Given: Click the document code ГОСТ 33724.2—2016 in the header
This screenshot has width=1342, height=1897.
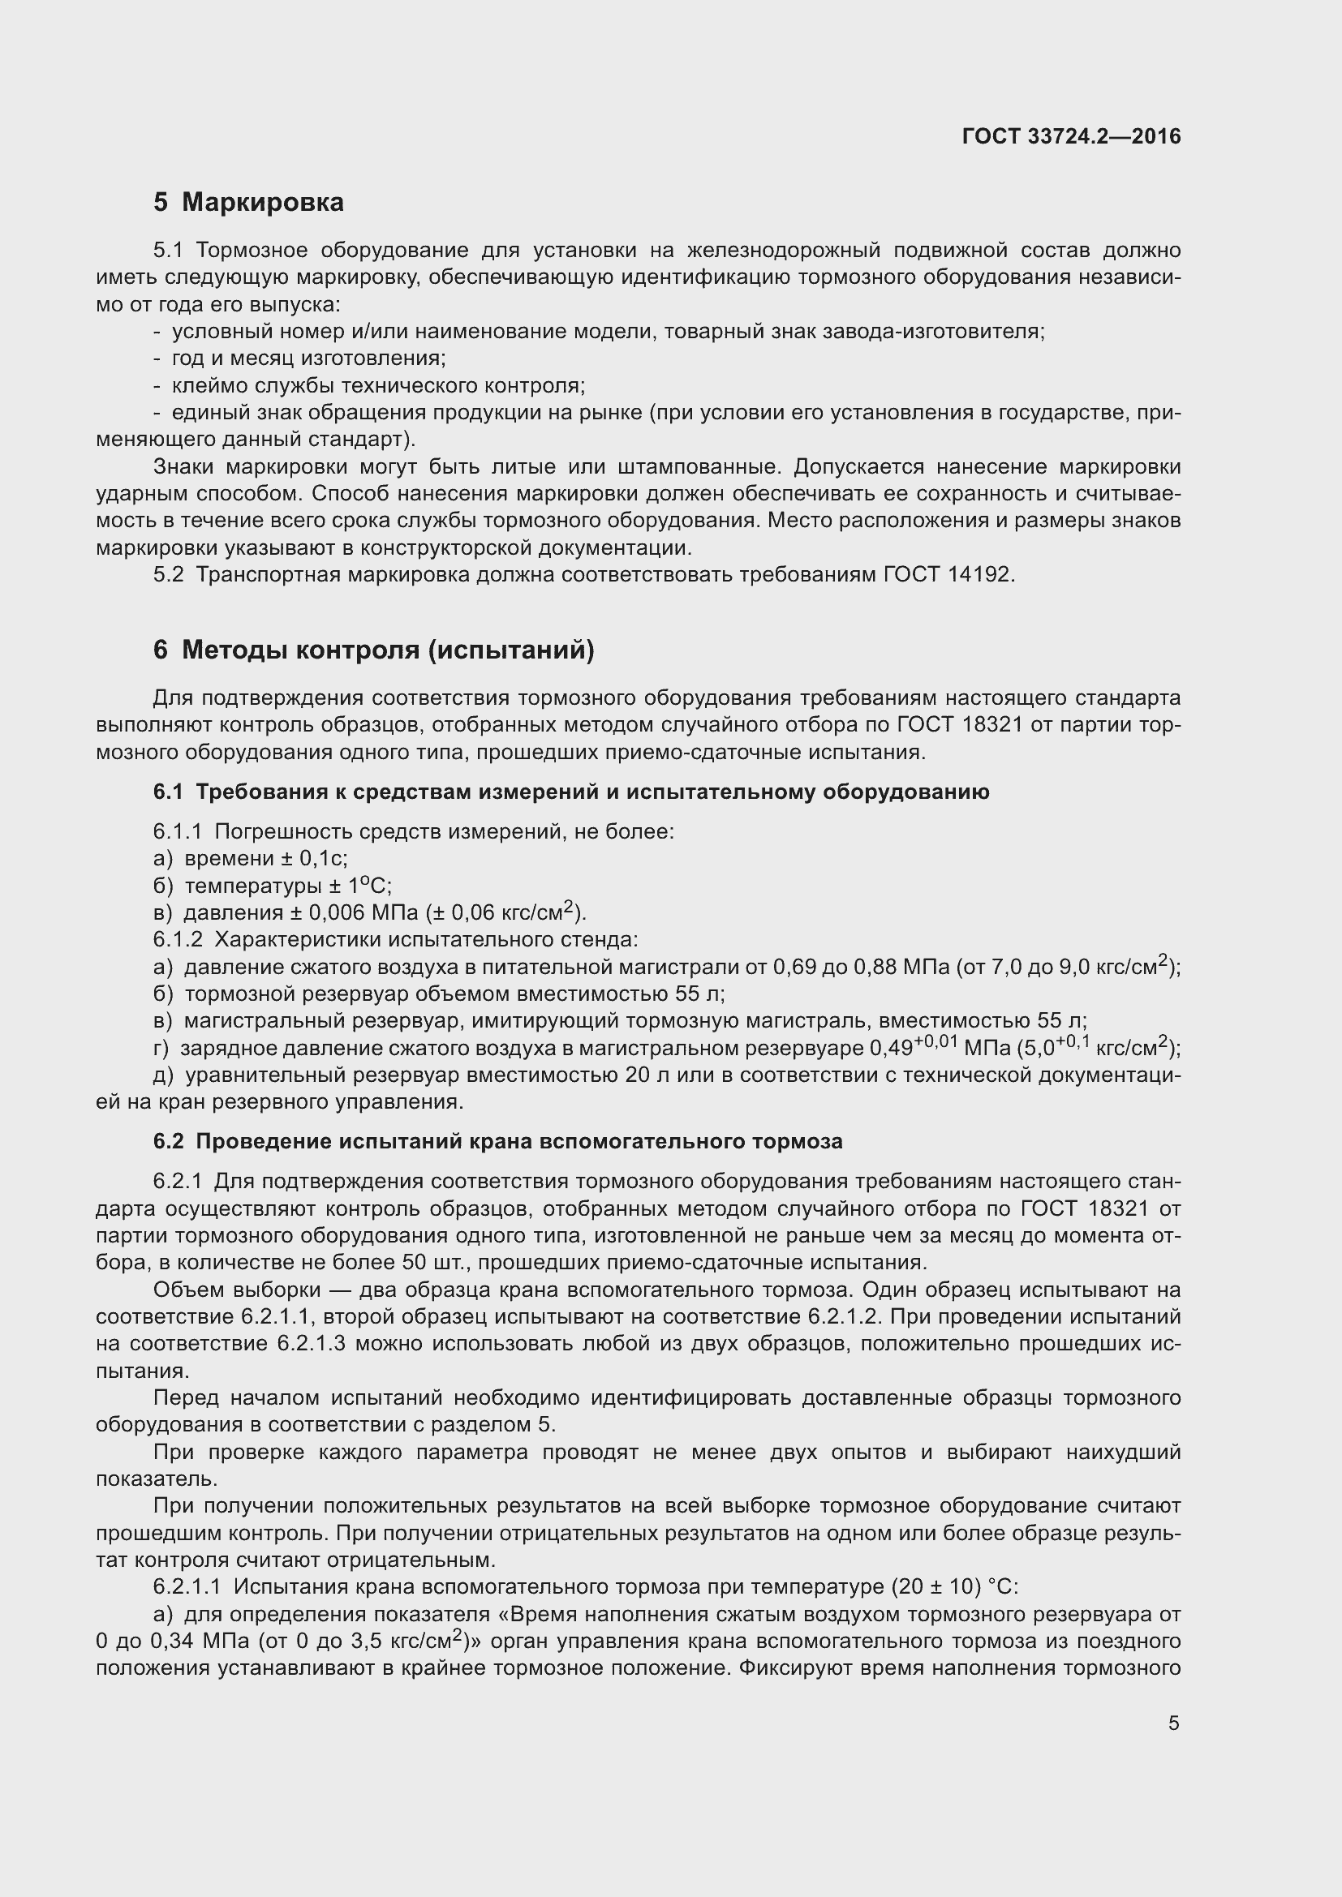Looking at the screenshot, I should click(x=1071, y=137).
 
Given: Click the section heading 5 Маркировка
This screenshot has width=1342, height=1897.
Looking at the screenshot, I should click(x=248, y=203).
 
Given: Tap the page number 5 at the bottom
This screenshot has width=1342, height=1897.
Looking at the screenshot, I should click(x=1173, y=1723).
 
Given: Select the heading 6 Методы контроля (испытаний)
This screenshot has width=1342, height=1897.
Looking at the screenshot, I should click(x=373, y=650).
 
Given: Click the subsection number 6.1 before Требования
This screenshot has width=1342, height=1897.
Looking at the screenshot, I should click(x=167, y=792).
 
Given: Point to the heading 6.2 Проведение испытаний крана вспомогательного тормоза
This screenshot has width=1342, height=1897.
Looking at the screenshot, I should click(x=497, y=1142).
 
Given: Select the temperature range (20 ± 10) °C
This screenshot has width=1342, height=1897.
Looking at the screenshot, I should click(x=955, y=1587).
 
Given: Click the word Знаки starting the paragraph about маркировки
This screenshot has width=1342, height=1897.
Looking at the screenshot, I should click(x=183, y=467).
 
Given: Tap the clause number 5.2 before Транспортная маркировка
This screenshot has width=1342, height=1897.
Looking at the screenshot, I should click(x=169, y=574).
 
